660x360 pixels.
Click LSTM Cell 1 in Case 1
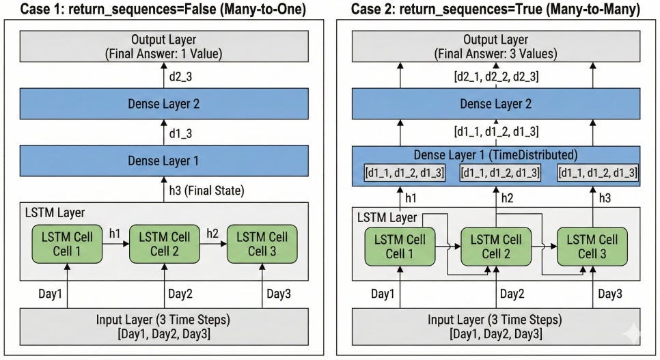pos(67,244)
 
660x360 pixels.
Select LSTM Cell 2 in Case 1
pos(164,244)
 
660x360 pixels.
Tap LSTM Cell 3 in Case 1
pos(262,244)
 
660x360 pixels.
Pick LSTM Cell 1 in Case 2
pos(400,247)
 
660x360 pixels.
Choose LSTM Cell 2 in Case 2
pos(496,247)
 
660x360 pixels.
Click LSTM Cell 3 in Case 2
pos(592,247)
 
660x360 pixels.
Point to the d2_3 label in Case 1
pos(180,77)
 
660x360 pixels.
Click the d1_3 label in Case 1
pos(180,133)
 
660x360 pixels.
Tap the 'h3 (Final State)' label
pos(206,191)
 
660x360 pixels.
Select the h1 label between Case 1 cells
pos(115,233)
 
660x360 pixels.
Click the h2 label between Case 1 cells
pos(212,233)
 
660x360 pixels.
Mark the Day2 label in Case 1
pos(180,294)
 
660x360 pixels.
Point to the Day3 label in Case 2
pos(610,294)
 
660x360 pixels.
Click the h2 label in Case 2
pos(507,198)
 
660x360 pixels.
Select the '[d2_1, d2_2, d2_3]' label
pos(496,77)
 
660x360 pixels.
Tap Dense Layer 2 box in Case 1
pos(164,104)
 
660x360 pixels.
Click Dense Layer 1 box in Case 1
pos(164,161)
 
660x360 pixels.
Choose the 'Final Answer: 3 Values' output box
pos(496,46)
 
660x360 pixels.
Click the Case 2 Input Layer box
pos(496,327)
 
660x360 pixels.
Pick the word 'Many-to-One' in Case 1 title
pos(263,9)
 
